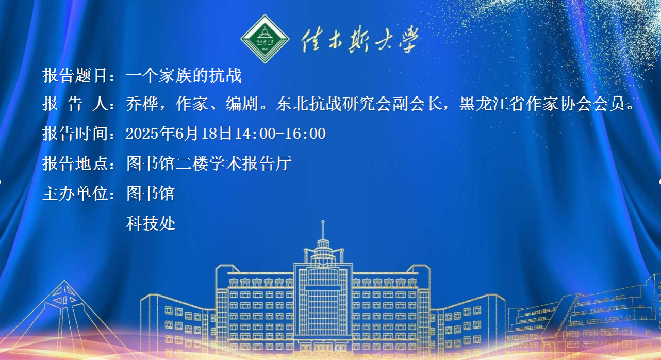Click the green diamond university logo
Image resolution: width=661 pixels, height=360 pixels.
coord(265,39)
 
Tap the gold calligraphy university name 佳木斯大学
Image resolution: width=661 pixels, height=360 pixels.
coord(360,40)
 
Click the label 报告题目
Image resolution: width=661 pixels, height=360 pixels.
coord(75,75)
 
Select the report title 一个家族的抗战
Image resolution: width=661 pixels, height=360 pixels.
coord(184,75)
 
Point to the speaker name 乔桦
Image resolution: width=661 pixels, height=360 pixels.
coord(142,104)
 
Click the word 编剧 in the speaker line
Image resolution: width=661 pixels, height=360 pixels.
coord(242,104)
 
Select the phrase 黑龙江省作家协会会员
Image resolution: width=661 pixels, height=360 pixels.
coord(542,104)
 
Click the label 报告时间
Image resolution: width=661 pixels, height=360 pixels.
coord(75,134)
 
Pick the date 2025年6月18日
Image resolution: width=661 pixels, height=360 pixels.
coord(179,134)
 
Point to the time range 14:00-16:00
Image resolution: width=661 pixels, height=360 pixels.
coord(280,134)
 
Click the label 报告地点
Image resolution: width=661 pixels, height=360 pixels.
coord(75,163)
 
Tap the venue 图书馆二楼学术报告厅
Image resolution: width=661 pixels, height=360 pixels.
coord(209,163)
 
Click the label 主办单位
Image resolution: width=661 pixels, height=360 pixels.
coord(75,193)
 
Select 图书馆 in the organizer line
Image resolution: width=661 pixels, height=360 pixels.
coord(151,193)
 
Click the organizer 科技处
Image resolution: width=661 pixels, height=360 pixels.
coord(151,223)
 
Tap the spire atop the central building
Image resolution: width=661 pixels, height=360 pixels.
coord(323,230)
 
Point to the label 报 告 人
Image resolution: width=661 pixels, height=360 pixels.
coord(75,104)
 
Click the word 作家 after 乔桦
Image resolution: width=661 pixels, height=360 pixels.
coord(192,104)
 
